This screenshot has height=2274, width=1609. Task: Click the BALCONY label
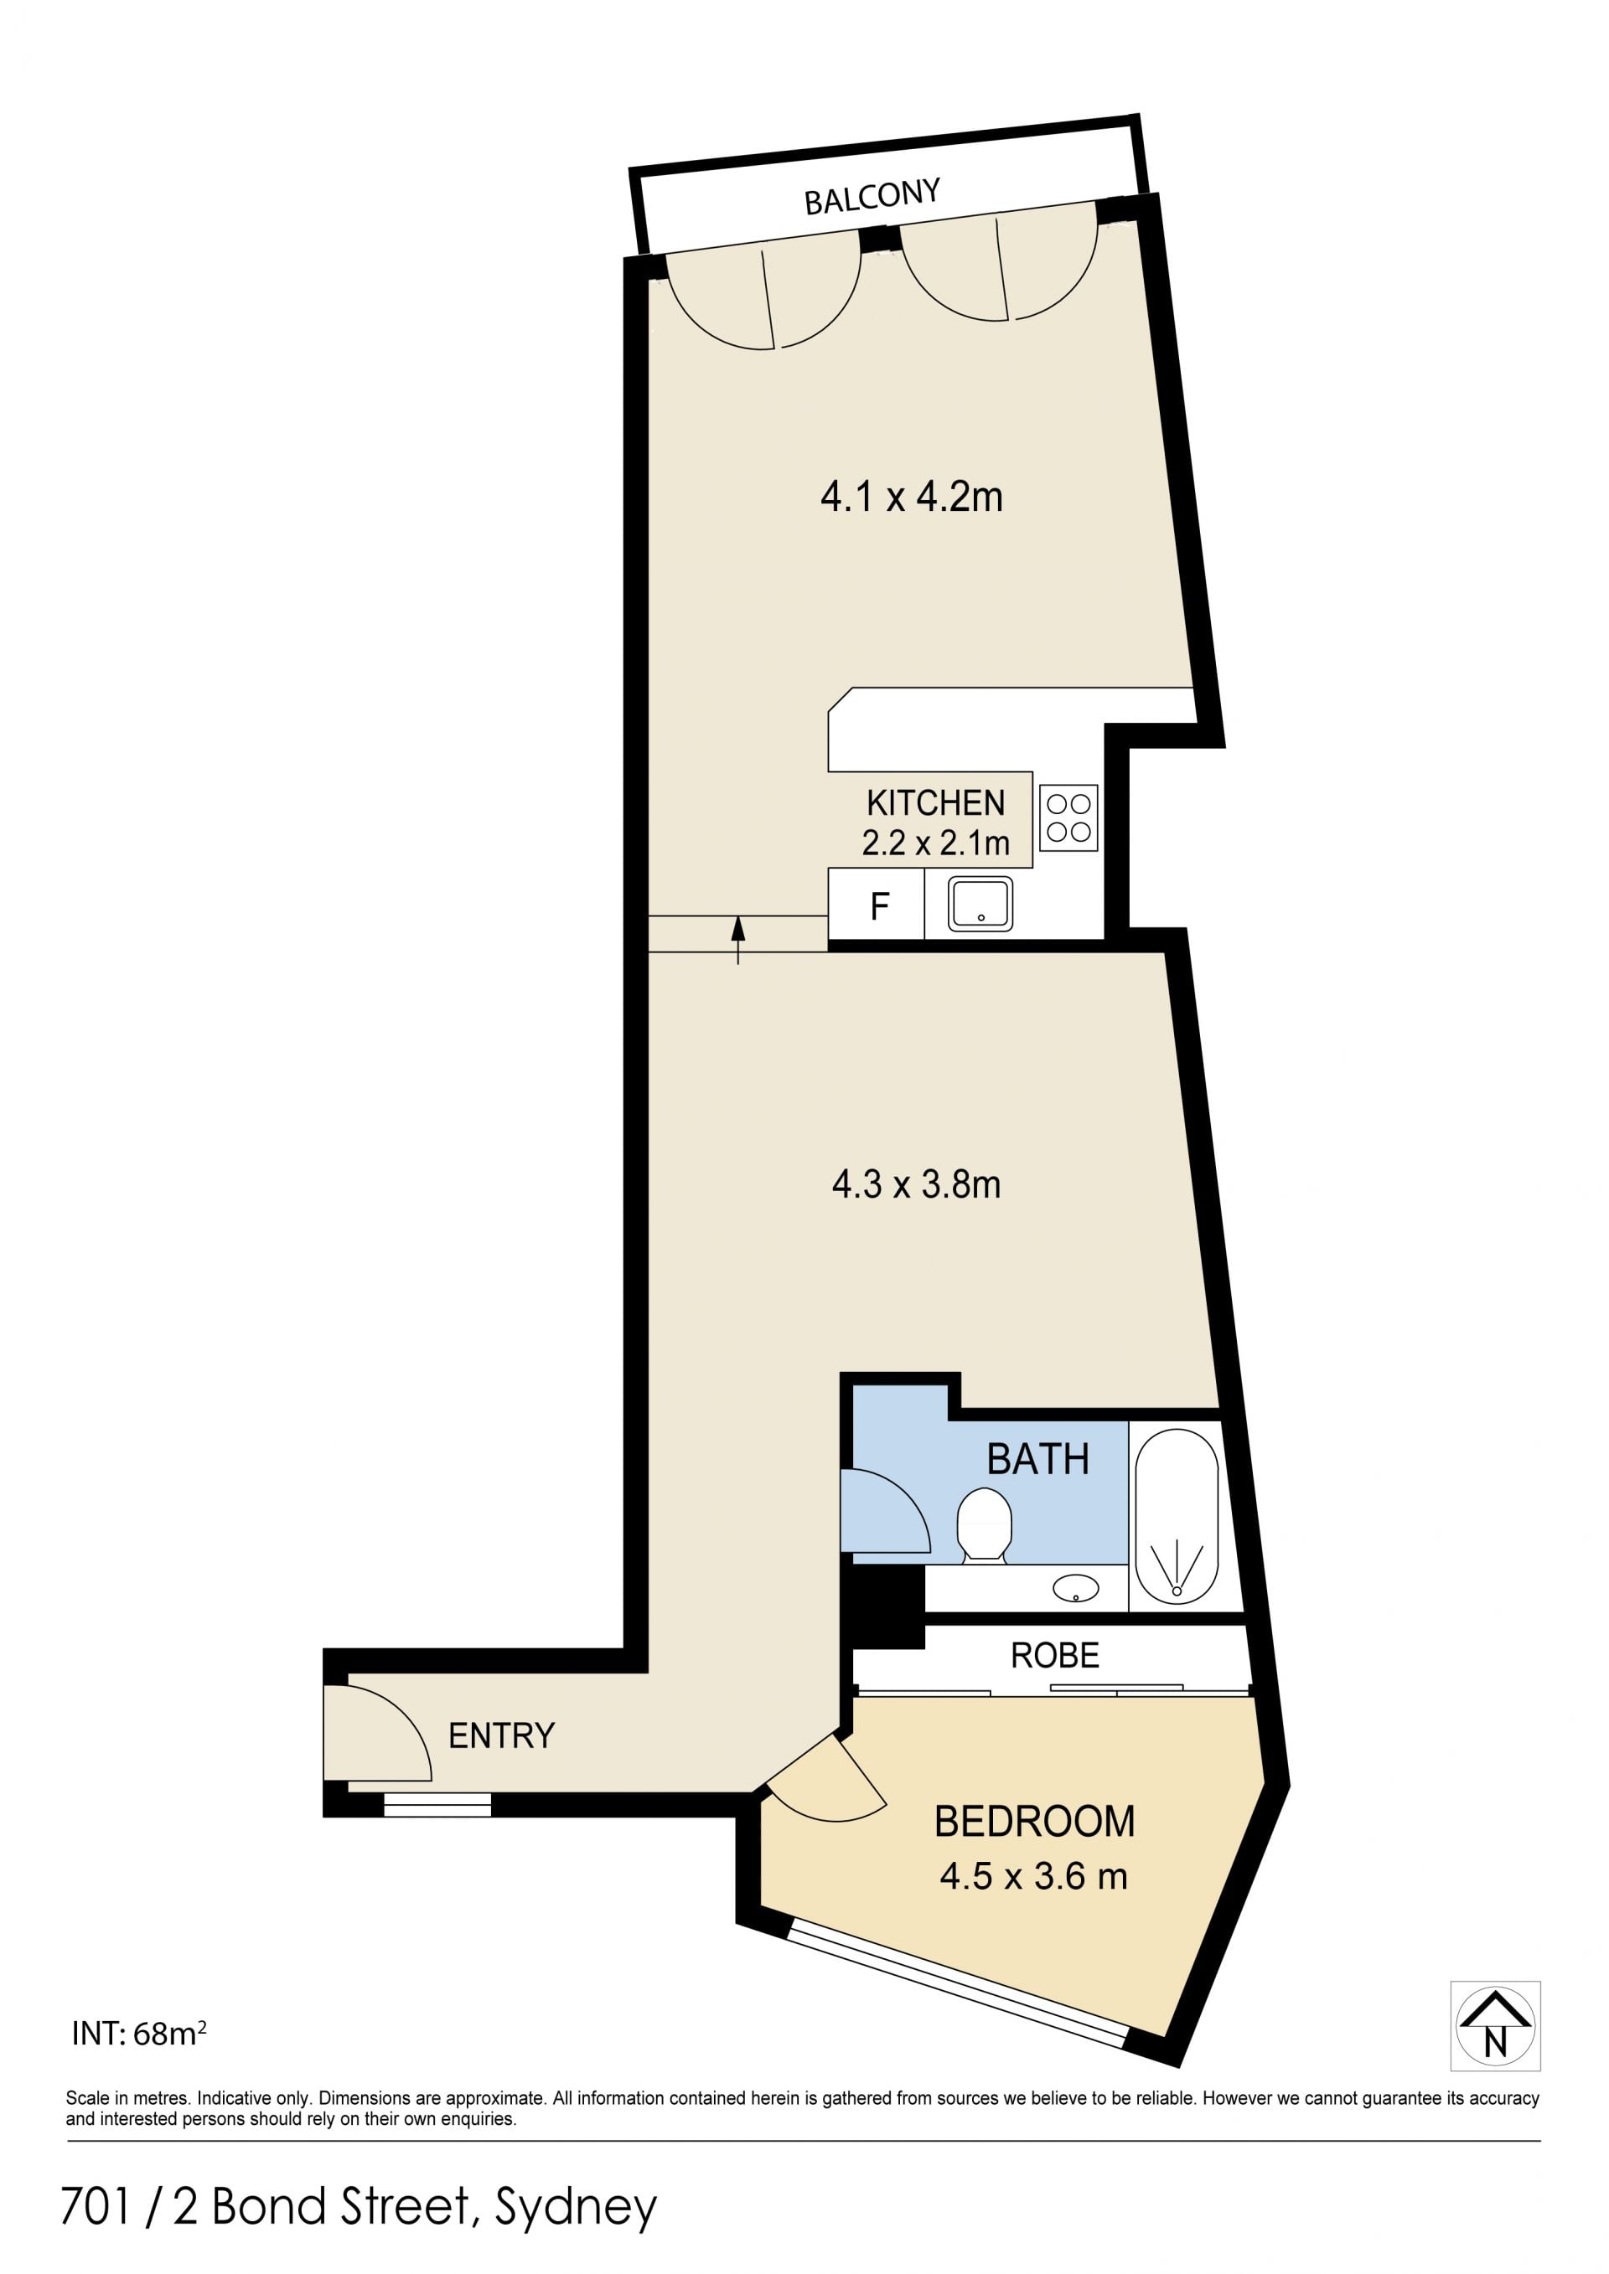tap(872, 196)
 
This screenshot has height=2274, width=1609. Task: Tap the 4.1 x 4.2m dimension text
tap(912, 496)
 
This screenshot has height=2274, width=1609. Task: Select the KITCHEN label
tap(935, 802)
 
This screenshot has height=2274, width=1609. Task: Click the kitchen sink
tap(980, 903)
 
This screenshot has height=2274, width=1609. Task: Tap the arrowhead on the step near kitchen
tap(738, 928)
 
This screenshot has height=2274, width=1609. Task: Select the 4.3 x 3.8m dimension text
tap(917, 1184)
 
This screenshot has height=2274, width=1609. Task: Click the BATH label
tap(1037, 1459)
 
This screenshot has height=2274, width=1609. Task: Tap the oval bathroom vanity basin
tap(1076, 1589)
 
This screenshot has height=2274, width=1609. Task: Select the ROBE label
tap(1054, 1656)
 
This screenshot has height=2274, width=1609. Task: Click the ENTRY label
tap(501, 1735)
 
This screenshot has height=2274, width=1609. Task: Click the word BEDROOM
tap(1034, 1822)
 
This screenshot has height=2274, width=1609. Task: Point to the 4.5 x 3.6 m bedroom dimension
tap(1033, 1876)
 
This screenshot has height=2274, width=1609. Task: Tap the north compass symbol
tap(1495, 2026)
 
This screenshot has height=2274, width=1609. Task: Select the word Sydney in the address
tap(576, 2208)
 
